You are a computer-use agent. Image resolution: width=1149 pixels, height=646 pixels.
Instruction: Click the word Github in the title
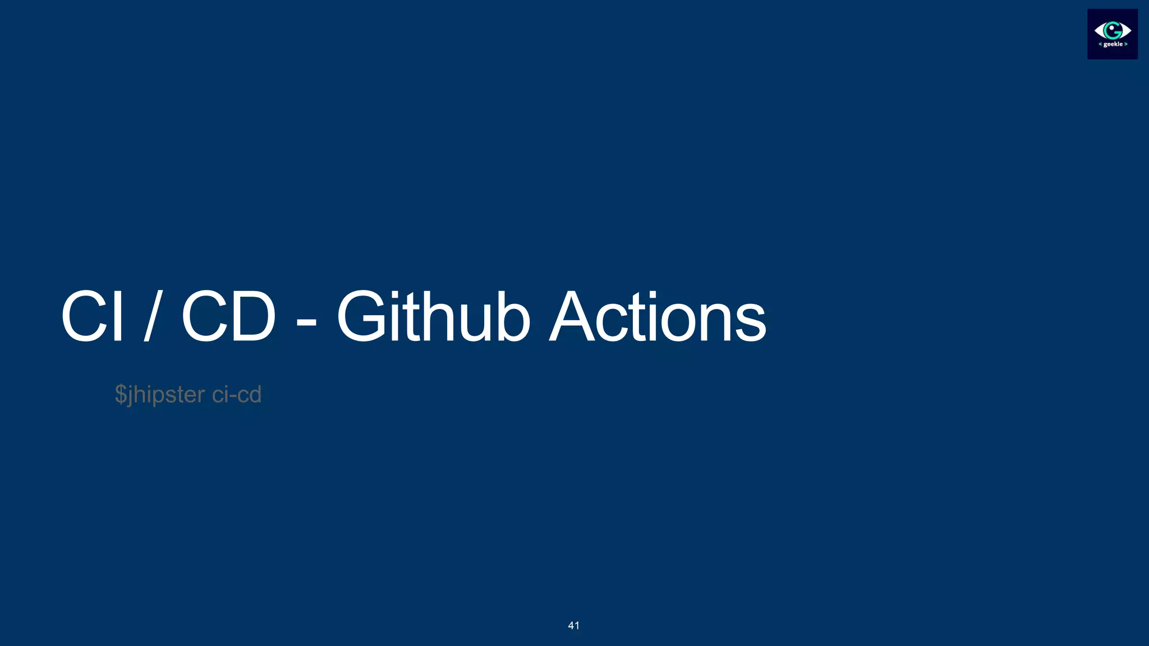pyautogui.click(x=433, y=317)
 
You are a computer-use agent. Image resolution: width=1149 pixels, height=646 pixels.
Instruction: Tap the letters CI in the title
pyautogui.click(x=92, y=317)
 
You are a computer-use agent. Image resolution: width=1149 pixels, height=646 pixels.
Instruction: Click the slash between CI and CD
pyautogui.click(x=150, y=317)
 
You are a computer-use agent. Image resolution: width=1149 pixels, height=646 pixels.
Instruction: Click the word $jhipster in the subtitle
pyautogui.click(x=160, y=395)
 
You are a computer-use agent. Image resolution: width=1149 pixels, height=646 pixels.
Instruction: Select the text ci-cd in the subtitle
pyautogui.click(x=237, y=395)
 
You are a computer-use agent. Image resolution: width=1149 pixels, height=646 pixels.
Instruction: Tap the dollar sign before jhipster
pyautogui.click(x=121, y=395)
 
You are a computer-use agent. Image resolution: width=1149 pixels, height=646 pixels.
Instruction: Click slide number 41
pyautogui.click(x=573, y=626)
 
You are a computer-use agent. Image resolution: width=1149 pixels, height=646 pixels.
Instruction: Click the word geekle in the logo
pyautogui.click(x=1113, y=44)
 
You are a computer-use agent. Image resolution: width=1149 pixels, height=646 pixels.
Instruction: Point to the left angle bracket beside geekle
pyautogui.click(x=1101, y=44)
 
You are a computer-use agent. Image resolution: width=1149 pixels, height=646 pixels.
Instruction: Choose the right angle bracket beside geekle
pyautogui.click(x=1125, y=44)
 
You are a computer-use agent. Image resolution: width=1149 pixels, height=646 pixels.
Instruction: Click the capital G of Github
pyautogui.click(x=361, y=317)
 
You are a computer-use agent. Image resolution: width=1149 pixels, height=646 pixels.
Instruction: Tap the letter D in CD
pyautogui.click(x=251, y=317)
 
